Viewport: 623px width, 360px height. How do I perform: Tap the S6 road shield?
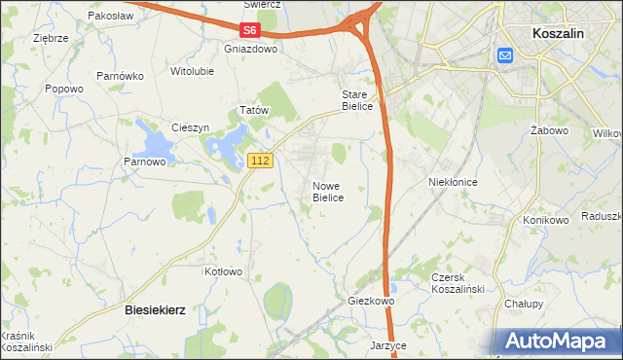[x=251, y=32]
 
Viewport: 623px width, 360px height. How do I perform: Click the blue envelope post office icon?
[x=506, y=56]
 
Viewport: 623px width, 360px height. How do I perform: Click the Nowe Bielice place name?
[x=328, y=192]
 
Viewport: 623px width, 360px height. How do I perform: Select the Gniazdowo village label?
[x=250, y=48]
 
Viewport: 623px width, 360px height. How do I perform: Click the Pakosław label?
[x=110, y=17]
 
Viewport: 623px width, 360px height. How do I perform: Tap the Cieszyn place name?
[x=190, y=127]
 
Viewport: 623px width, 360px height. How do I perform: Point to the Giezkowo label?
[x=371, y=302]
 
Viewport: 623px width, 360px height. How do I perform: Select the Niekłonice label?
[x=452, y=181]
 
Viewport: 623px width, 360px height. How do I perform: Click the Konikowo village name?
[x=545, y=220]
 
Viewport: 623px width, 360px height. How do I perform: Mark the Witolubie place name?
[x=192, y=71]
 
